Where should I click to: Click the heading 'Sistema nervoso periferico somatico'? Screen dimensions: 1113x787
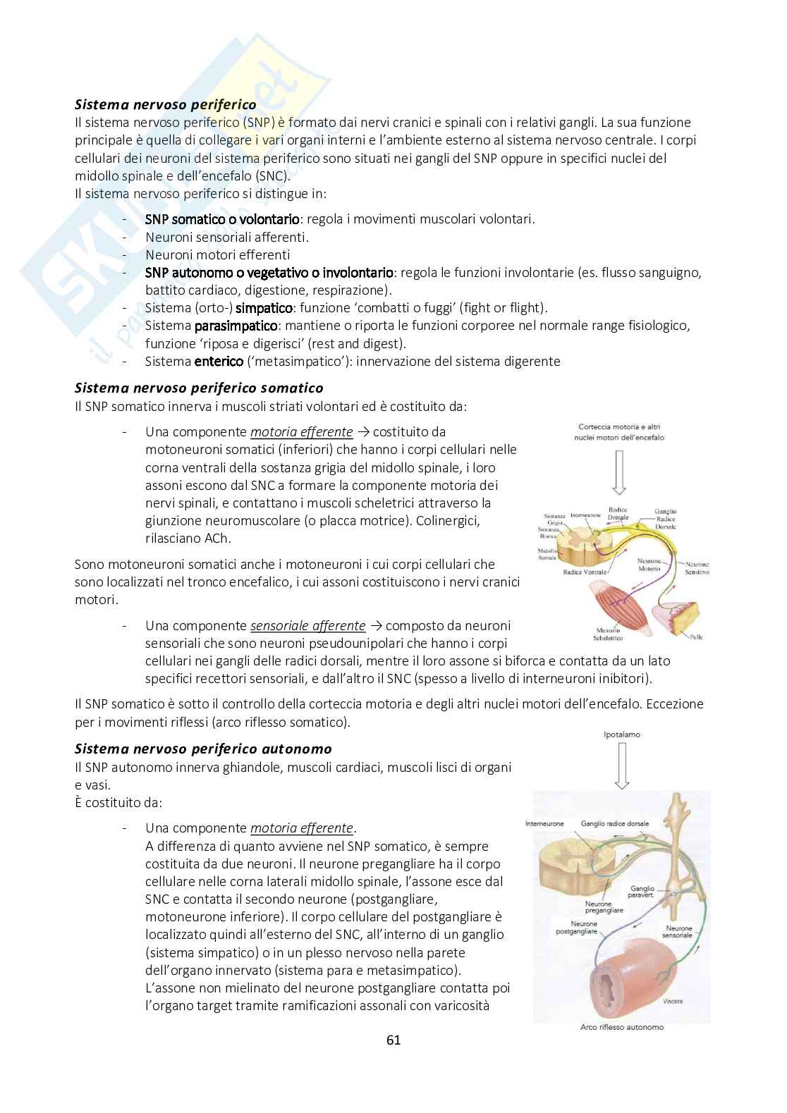[199, 388]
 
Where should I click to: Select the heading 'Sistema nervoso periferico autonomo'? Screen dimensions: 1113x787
[203, 749]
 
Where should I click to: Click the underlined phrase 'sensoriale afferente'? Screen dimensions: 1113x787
[307, 625]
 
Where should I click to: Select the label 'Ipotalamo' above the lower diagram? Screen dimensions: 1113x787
[621, 735]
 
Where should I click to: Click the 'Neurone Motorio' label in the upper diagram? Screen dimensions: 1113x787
[648, 564]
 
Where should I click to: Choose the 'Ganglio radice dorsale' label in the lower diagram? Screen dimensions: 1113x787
[615, 823]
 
